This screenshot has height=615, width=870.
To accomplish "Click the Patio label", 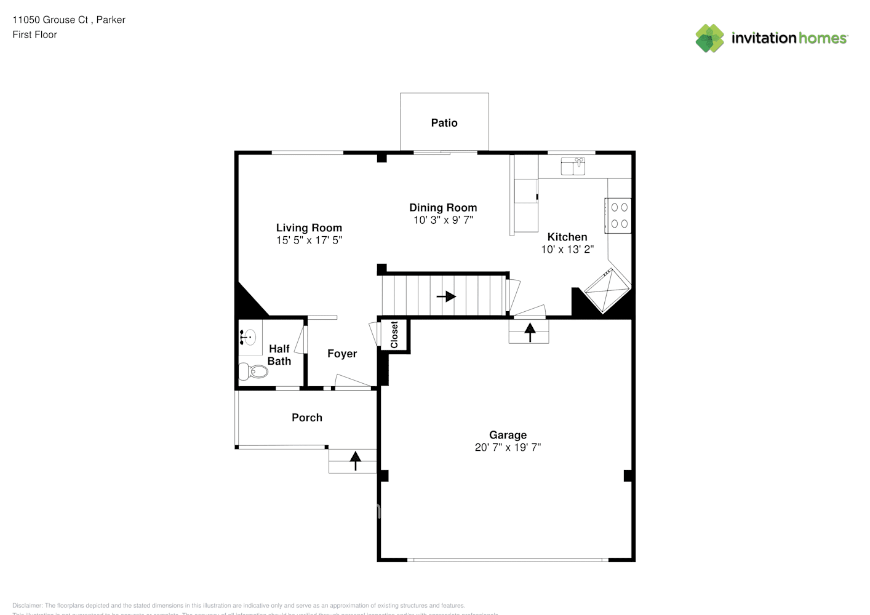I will click(x=444, y=123).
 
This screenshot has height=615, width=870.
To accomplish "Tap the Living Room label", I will click(x=309, y=228).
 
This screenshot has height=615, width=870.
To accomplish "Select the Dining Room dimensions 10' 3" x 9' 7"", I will click(x=443, y=220).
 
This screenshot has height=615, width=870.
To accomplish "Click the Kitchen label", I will click(x=567, y=237).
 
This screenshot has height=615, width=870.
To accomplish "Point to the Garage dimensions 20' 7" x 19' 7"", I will click(x=508, y=448).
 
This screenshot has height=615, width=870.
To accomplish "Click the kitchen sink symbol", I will click(x=573, y=166).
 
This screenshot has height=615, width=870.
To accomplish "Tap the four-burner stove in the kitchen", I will click(x=619, y=216).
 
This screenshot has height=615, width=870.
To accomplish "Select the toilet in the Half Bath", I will click(x=253, y=371).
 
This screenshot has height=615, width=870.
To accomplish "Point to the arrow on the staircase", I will click(x=446, y=296).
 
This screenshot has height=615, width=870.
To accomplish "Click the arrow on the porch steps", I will click(x=355, y=461).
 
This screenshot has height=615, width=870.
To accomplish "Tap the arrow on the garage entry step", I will click(x=529, y=332).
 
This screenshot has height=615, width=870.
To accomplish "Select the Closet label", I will click(x=394, y=335).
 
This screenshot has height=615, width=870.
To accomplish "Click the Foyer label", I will click(x=342, y=354).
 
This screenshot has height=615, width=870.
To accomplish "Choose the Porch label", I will click(x=307, y=418).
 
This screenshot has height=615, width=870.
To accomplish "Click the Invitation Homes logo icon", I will click(x=709, y=38).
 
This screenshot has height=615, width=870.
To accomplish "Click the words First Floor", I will click(x=34, y=35).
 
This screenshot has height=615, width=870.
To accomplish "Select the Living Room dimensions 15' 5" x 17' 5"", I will click(x=309, y=240).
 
